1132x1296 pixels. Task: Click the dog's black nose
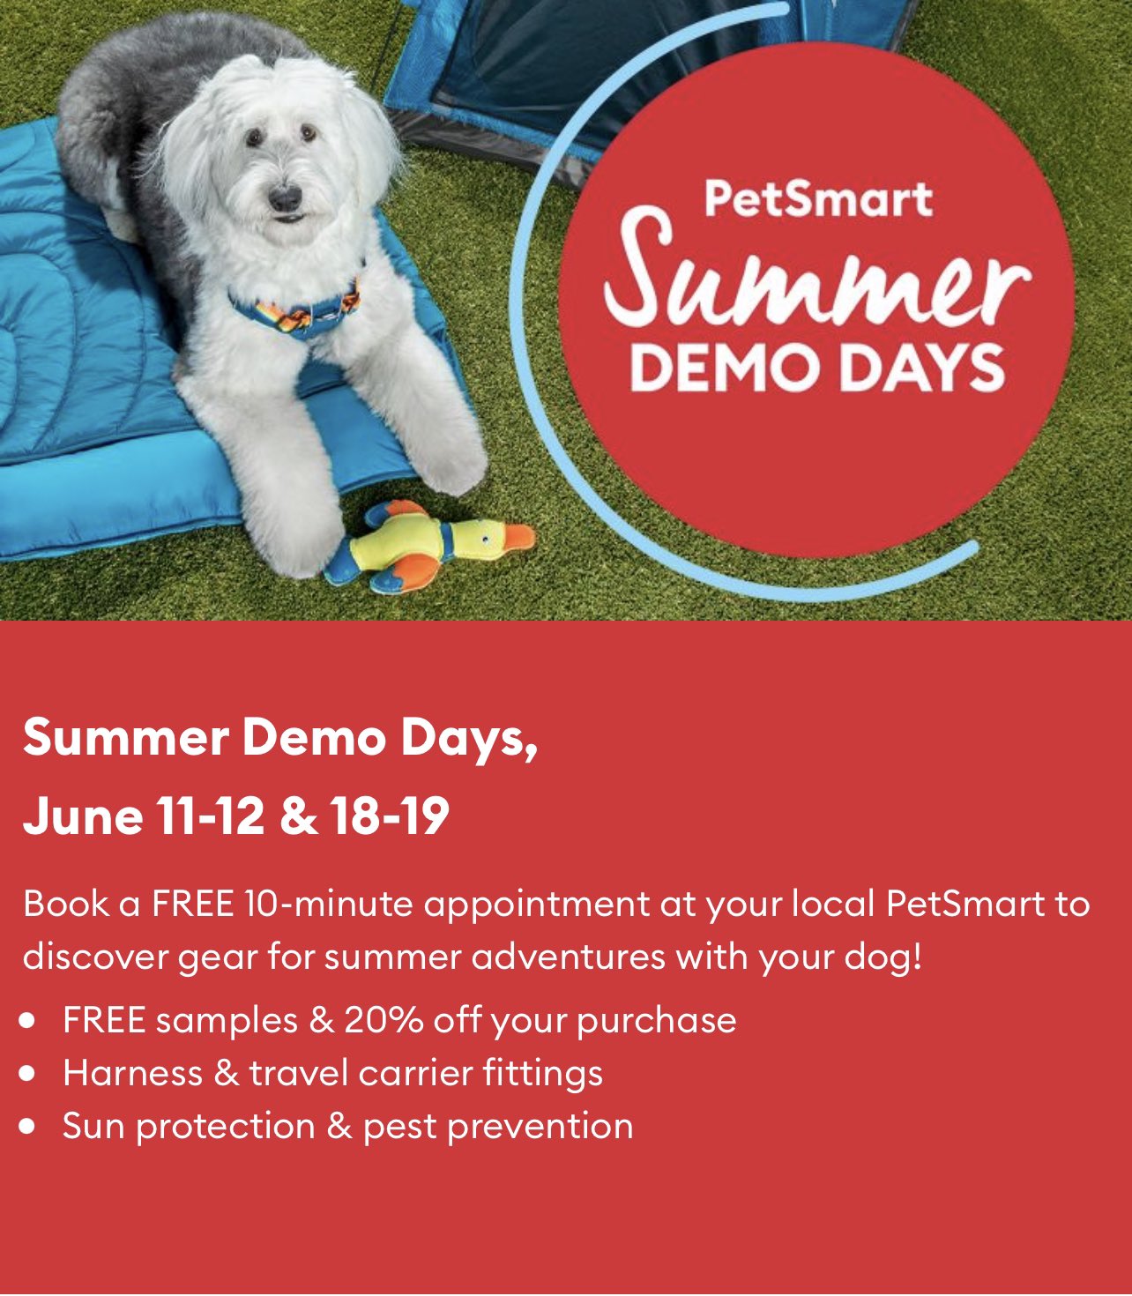tap(285, 197)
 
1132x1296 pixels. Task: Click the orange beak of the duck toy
tap(519, 537)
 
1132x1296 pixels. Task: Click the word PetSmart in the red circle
tap(818, 199)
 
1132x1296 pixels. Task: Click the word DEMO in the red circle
tap(729, 369)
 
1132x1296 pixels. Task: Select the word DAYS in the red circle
tap(925, 369)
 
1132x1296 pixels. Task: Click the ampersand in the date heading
tap(298, 816)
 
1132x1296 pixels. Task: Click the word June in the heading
tap(83, 816)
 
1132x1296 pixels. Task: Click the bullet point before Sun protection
tap(27, 1127)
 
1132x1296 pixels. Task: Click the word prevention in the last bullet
tap(540, 1127)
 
